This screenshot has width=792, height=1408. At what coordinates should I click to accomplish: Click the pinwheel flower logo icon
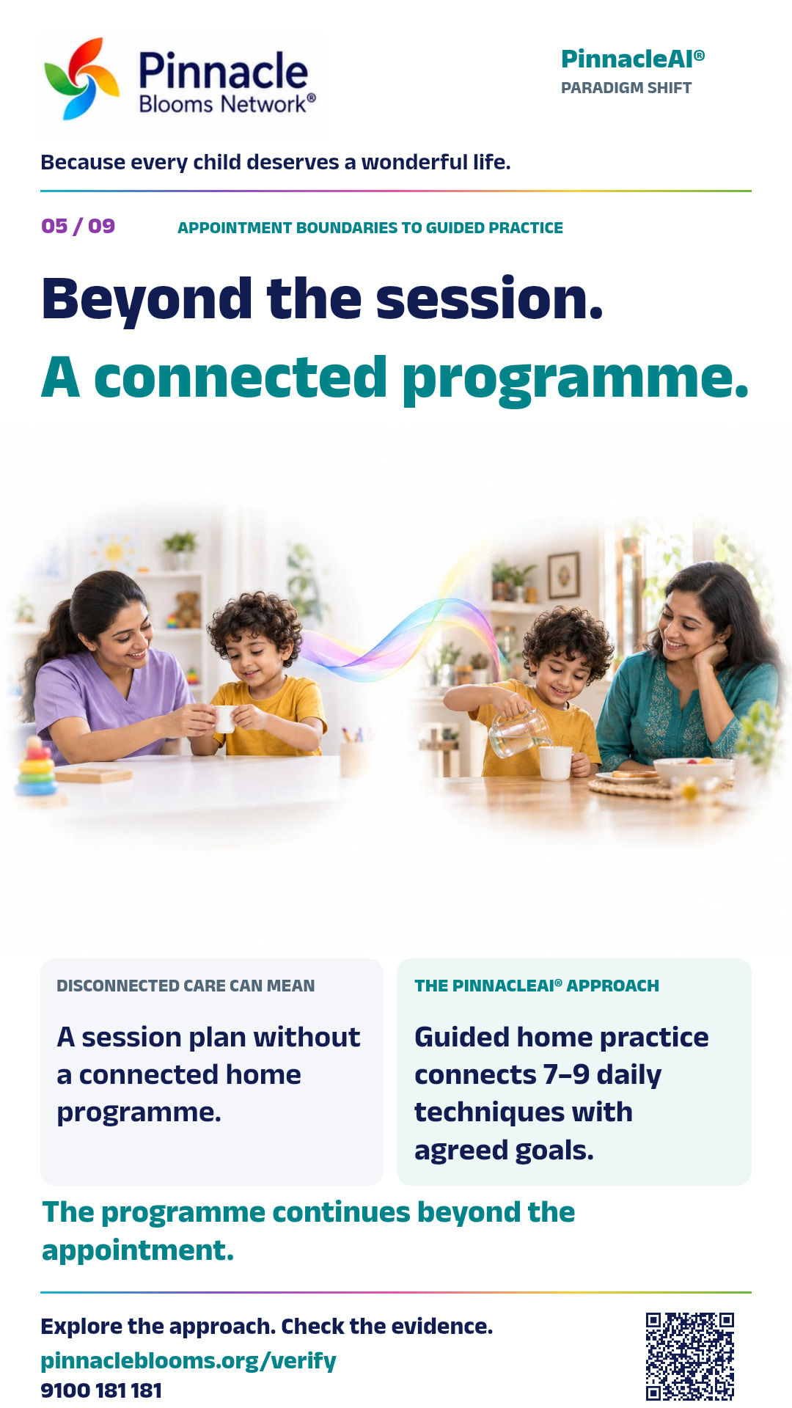click(82, 78)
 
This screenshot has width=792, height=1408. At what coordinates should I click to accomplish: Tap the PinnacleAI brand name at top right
click(632, 59)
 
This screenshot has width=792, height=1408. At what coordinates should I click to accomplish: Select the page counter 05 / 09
click(78, 226)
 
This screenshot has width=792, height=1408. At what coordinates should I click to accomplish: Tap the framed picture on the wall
click(563, 576)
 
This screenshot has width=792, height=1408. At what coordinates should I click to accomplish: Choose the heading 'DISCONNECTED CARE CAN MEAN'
click(186, 986)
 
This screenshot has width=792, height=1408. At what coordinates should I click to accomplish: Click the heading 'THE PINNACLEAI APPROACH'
click(537, 986)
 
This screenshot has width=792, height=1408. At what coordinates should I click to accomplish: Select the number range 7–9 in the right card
click(566, 1074)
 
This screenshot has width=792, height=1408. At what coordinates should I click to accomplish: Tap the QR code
click(690, 1356)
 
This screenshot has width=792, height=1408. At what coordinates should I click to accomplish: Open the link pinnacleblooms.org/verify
click(188, 1361)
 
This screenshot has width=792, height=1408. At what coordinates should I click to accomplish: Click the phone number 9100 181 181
click(101, 1390)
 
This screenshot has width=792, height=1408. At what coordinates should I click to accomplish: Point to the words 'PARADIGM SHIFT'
click(626, 88)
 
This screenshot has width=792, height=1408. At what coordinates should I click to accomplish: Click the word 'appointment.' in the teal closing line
click(138, 1250)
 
